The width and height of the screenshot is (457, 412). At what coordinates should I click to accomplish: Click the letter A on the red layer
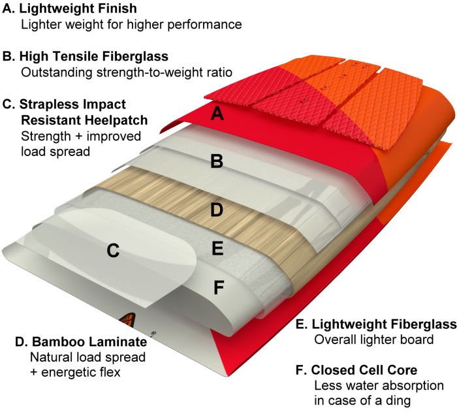tap(218, 115)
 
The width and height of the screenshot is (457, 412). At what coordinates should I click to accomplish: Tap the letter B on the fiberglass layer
tap(217, 161)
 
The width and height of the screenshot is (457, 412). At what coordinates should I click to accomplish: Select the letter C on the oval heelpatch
tap(113, 250)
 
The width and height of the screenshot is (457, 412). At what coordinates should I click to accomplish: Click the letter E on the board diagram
tap(217, 248)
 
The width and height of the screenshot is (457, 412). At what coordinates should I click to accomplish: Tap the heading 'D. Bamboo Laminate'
tap(75, 342)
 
